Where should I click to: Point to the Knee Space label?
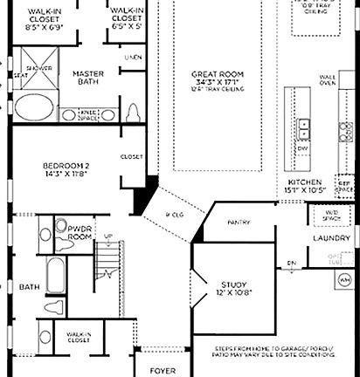[88, 113]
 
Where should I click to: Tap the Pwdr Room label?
[80, 231]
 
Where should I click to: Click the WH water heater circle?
[344, 280]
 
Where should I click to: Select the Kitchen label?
[305, 186]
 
